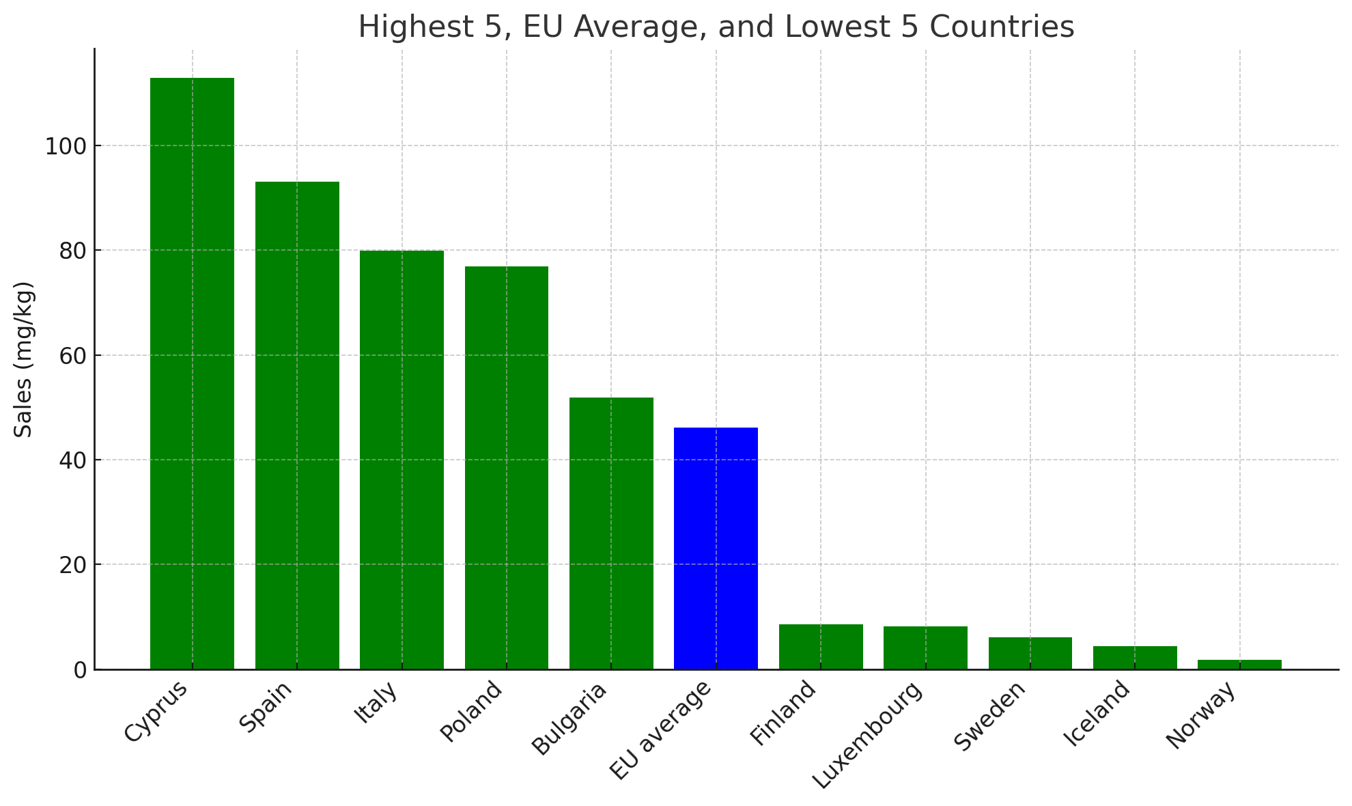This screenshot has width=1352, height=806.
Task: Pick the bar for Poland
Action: coord(507,467)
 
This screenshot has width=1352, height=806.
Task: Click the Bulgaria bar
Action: coord(611,533)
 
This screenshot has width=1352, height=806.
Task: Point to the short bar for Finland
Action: coord(821,646)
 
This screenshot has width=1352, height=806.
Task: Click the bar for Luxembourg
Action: coord(925,648)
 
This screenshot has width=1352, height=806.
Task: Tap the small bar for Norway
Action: coord(1239,664)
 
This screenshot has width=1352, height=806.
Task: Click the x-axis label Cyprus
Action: coord(156,711)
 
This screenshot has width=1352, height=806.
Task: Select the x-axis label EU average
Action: coord(660,731)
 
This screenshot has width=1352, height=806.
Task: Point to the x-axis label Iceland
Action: coord(1097,714)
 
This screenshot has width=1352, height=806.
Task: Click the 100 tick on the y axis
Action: coord(65,146)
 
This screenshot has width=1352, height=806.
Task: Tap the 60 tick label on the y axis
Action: coord(72,356)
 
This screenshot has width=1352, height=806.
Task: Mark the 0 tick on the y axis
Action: coord(80,670)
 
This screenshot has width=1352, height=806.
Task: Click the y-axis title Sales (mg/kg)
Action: coord(24,359)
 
